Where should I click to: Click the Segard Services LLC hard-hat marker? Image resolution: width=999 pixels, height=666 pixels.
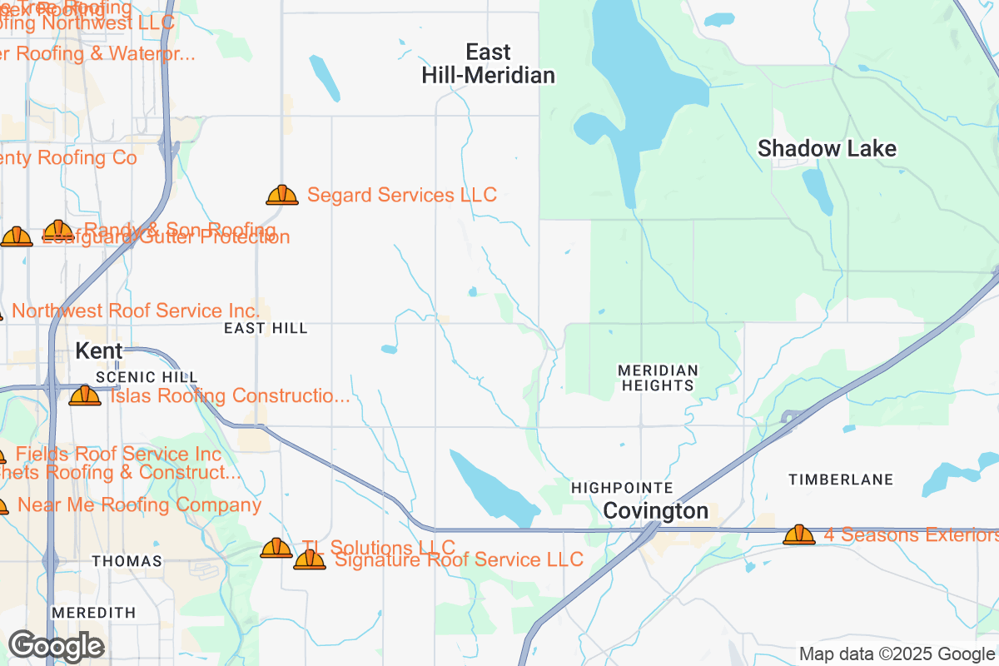point(282,196)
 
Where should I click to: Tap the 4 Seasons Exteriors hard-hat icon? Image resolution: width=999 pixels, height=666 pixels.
point(799,534)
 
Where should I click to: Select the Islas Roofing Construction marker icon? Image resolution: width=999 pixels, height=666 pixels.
point(85,395)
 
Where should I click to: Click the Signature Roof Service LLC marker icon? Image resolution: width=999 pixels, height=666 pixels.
point(310,560)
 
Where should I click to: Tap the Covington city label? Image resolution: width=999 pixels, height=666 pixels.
point(656,511)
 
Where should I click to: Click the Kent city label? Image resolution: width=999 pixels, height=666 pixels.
point(99,351)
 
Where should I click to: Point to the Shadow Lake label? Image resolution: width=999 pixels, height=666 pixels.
point(827,149)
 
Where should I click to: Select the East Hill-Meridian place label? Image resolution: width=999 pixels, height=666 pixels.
point(488,64)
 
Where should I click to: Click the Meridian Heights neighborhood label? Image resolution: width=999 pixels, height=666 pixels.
point(657,377)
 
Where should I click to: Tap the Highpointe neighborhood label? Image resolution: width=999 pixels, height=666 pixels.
point(622,487)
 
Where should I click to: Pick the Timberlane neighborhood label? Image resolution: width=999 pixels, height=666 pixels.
point(841,480)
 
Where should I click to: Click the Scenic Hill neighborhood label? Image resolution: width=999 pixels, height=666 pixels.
point(136,378)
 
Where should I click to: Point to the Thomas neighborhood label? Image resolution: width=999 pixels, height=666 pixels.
point(127,562)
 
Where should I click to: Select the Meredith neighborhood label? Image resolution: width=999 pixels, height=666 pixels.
point(93,613)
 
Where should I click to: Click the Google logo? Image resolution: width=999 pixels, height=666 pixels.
point(57,646)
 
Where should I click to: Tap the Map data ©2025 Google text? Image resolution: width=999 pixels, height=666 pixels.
point(897,654)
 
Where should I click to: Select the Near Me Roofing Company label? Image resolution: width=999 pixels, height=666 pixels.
point(139,505)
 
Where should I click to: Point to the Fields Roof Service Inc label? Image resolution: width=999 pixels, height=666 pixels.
point(119,454)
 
